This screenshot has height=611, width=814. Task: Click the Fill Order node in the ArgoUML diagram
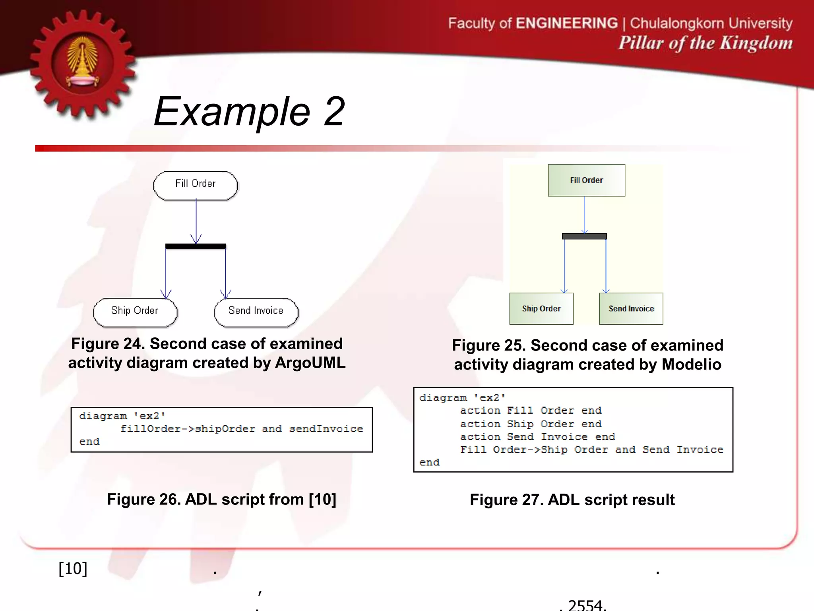[x=195, y=185]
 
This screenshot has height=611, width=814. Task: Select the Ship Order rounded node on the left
[x=135, y=312]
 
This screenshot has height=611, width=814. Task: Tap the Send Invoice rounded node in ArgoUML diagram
[x=256, y=312]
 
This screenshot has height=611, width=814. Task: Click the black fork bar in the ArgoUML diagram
[x=196, y=246]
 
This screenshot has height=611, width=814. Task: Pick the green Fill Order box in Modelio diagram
[x=586, y=180]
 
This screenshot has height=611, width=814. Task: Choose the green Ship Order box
[x=541, y=309]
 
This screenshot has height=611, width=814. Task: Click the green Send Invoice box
[x=631, y=309]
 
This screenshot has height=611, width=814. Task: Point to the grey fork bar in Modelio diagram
[x=584, y=236]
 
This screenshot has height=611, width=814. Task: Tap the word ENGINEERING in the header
[x=566, y=23]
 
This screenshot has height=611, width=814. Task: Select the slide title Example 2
[x=249, y=112]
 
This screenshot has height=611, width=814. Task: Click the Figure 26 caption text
[x=221, y=499]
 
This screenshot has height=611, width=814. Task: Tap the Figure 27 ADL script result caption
[x=572, y=500]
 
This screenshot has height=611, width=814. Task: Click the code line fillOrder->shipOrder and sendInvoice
[x=241, y=429]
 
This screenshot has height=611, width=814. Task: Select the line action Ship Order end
[x=531, y=424]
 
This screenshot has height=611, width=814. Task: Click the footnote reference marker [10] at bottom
[x=73, y=568]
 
